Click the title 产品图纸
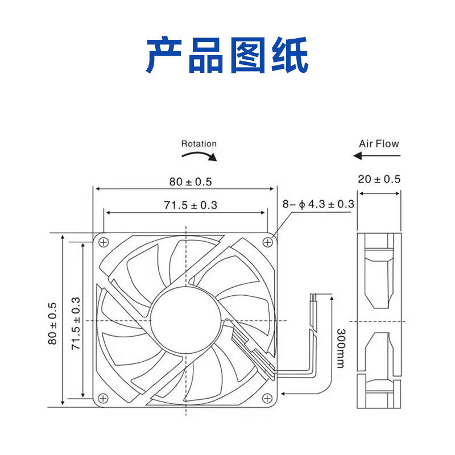[x=227, y=55]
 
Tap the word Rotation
[x=198, y=144]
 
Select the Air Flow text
[x=379, y=144]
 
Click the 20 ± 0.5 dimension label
[x=379, y=179]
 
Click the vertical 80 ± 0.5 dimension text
[x=53, y=322]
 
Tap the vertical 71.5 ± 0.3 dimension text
[x=76, y=322]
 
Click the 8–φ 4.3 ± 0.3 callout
[x=318, y=204]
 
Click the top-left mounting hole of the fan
[x=104, y=242]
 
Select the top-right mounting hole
[x=267, y=242]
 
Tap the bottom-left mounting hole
[x=104, y=398]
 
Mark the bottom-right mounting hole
[x=267, y=398]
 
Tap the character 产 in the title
[x=166, y=55]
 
